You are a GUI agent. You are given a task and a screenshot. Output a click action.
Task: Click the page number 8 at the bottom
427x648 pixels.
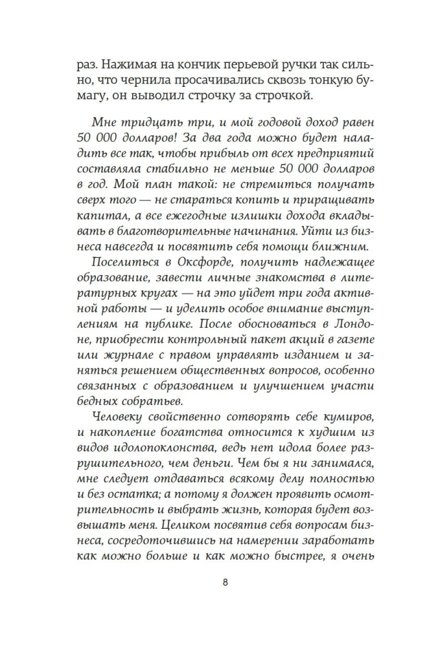pos(224,582)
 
